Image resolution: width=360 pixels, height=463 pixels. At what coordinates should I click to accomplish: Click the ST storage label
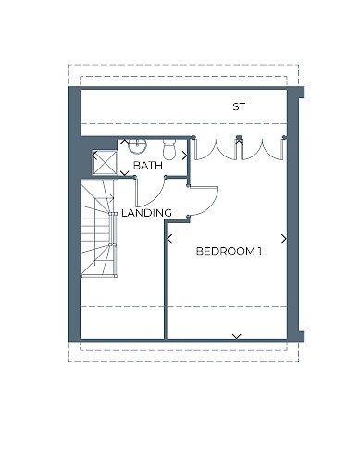239,106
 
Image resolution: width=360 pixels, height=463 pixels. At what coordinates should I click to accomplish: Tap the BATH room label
148,166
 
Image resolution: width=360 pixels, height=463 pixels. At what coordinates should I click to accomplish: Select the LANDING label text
146,213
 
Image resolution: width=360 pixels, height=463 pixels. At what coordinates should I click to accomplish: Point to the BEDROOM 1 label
229,251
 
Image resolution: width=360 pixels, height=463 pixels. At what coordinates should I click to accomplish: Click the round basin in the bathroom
137,145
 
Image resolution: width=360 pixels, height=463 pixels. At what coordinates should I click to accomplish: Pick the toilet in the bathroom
169,149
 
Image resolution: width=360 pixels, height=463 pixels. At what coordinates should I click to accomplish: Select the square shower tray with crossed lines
105,162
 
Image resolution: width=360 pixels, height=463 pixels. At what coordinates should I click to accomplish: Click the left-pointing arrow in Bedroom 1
169,238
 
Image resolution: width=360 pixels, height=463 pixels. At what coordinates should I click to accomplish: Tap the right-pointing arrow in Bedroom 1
284,238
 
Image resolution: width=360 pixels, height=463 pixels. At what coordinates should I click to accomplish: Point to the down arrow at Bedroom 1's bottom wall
237,336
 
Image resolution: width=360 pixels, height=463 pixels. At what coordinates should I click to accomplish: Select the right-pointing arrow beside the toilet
184,156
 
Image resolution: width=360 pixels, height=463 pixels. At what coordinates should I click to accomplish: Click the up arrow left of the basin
124,142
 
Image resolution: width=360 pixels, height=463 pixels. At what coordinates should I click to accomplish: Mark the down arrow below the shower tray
124,173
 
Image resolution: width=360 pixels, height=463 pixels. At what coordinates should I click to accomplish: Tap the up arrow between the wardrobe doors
239,142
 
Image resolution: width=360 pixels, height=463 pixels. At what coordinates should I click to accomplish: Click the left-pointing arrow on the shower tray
94,156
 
